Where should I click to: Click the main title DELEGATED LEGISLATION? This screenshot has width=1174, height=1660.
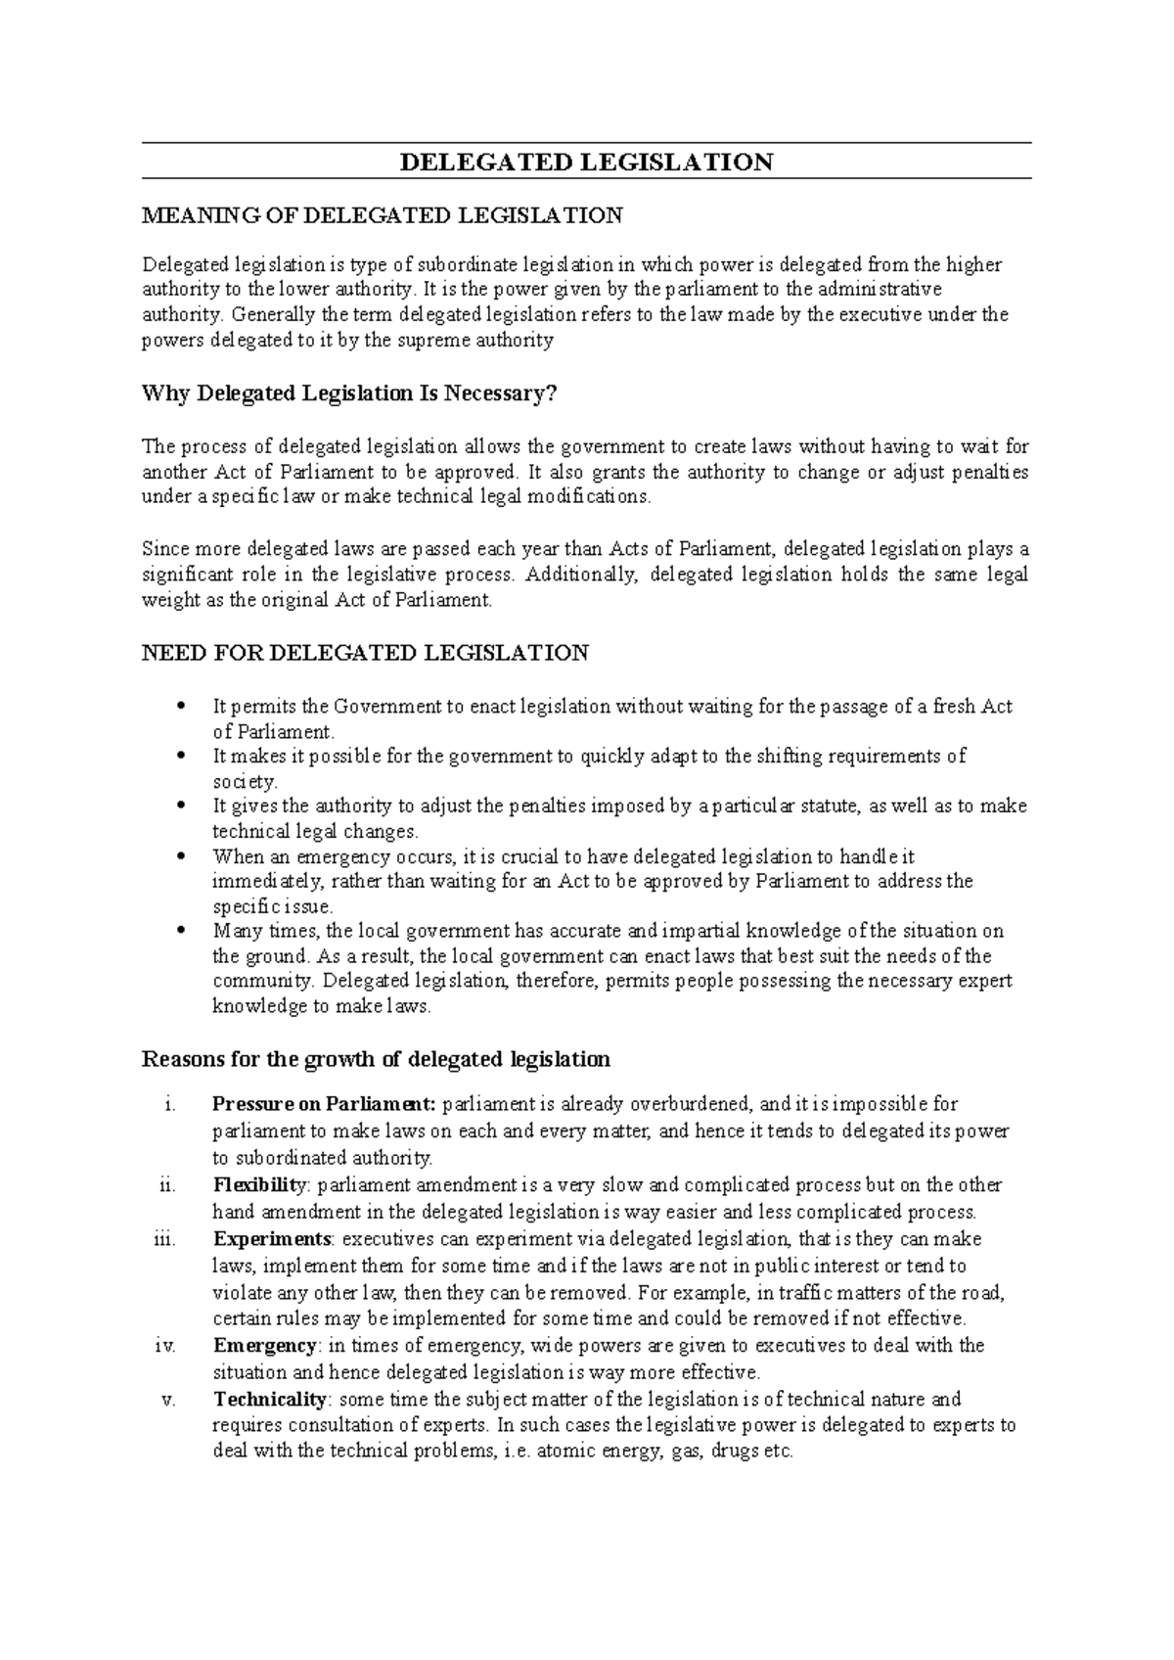pos(587,162)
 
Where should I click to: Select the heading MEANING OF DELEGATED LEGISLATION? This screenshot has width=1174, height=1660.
pos(382,215)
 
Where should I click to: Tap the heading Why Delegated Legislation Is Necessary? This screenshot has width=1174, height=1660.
pos(349,393)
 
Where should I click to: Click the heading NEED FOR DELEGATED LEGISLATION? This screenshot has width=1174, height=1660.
pos(365,653)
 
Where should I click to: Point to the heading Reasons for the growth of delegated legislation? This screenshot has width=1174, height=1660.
pos(376,1059)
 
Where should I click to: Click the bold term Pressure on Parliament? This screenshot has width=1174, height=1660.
pos(324,1105)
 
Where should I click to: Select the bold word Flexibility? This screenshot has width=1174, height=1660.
pos(259,1185)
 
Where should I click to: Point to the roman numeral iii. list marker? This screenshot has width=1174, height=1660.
pos(165,1239)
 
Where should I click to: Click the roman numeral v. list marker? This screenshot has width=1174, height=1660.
pos(167,1400)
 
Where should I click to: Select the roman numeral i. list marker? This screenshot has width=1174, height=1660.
pos(170,1105)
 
